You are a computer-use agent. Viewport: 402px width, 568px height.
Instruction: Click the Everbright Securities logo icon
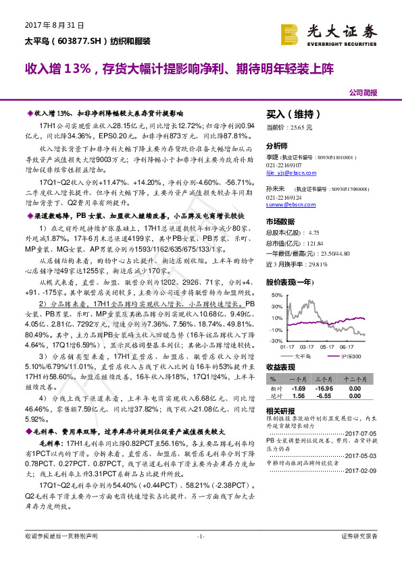pyautogui.click(x=291, y=33)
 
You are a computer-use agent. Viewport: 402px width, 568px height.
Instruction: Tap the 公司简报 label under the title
pyautogui.click(x=363, y=92)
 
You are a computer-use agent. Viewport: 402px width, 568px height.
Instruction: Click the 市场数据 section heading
pyautogui.click(x=280, y=221)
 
